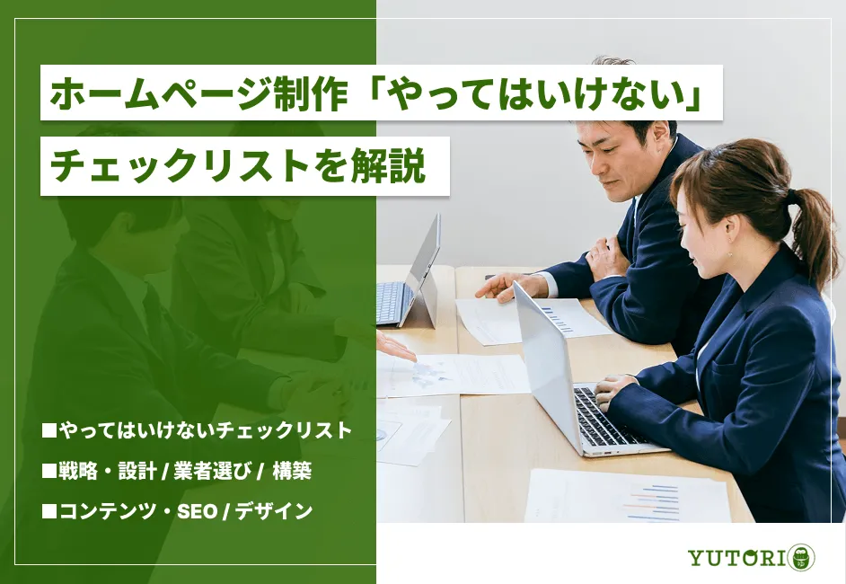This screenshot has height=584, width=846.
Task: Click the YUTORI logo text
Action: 736,557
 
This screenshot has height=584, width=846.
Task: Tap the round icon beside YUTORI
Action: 801,557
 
